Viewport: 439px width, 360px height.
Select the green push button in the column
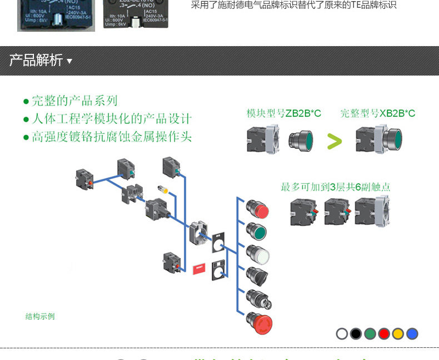point(257,232)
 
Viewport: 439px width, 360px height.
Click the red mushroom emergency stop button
point(260,322)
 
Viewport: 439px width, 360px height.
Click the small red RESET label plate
point(198,268)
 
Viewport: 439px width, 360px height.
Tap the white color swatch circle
point(342,334)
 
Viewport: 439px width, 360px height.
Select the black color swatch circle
point(356,334)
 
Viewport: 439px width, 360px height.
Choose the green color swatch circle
point(370,334)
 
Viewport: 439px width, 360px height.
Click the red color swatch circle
point(384,334)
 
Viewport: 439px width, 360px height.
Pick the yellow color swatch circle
point(398,334)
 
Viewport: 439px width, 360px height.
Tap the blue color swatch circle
point(412,334)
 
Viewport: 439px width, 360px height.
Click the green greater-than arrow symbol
point(335,142)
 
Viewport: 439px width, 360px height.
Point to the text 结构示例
point(40,317)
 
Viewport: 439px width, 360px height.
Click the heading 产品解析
point(36,61)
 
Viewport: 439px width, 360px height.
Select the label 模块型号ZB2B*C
point(284,114)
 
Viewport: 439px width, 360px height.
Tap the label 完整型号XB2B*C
point(378,114)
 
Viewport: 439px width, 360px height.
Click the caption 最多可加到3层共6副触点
point(335,187)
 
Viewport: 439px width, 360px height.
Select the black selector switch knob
point(257,275)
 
